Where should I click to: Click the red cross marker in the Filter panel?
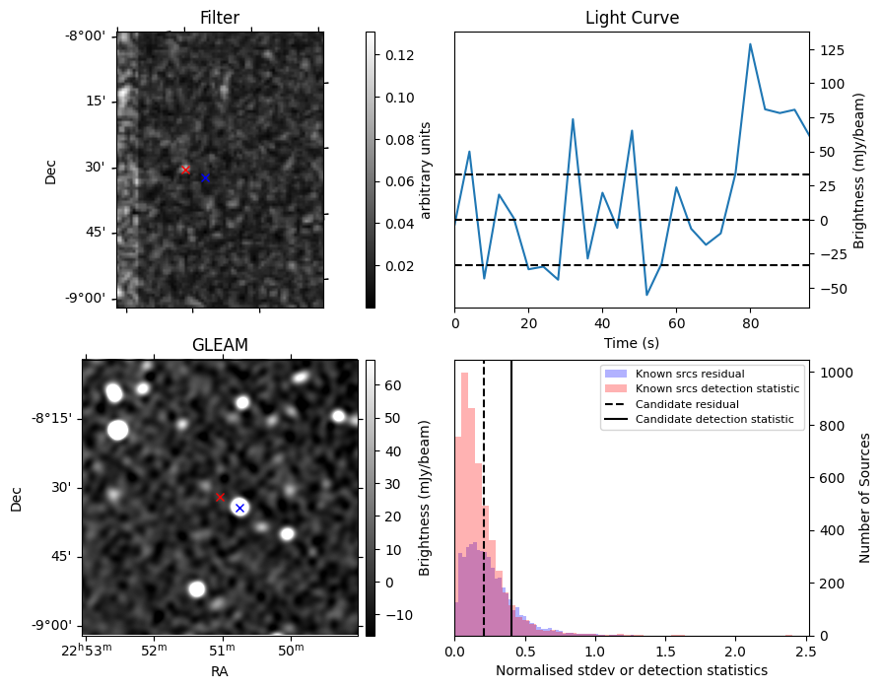click(185, 170)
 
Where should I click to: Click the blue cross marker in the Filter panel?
click(205, 177)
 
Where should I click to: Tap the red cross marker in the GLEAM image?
click(220, 497)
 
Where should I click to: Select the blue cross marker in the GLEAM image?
click(240, 508)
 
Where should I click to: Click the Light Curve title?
click(633, 18)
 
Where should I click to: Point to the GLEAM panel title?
click(220, 344)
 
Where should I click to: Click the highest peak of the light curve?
click(750, 44)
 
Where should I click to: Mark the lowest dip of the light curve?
click(646, 295)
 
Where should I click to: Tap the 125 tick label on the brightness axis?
click(833, 50)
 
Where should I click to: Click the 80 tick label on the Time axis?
click(750, 324)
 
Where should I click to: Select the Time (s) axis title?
click(631, 343)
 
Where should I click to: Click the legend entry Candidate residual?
click(687, 404)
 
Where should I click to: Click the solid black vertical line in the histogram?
click(511, 499)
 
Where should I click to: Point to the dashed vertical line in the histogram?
click(484, 499)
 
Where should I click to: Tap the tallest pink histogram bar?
click(464, 504)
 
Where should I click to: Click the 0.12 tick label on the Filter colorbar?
click(399, 55)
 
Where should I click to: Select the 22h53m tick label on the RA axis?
click(87, 650)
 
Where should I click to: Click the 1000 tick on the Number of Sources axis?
click(837, 373)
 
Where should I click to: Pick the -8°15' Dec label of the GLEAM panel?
click(52, 419)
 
